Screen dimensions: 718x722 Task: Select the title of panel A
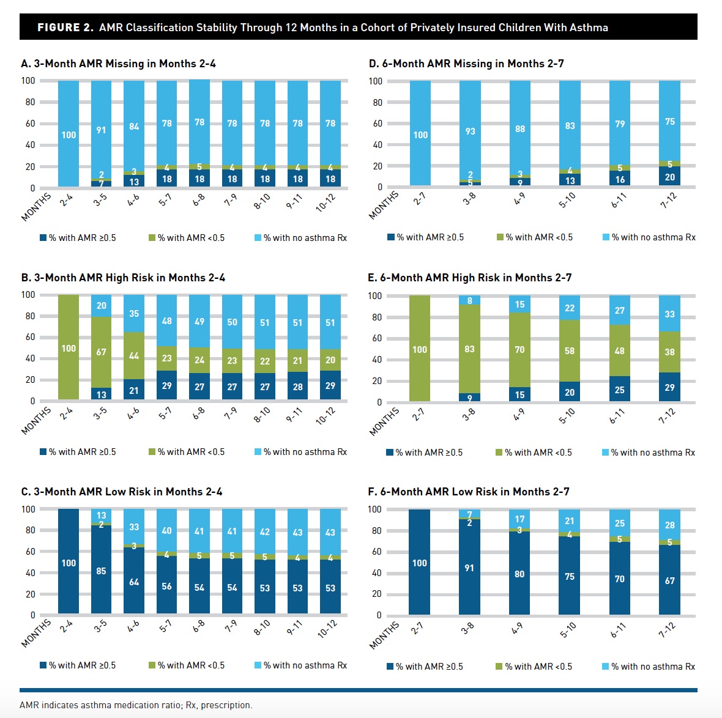(118, 64)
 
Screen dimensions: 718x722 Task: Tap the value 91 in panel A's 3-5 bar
(102, 130)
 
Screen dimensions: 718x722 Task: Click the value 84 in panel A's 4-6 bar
(134, 127)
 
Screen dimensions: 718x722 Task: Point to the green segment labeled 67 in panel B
(102, 352)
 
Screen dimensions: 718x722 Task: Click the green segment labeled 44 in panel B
(134, 356)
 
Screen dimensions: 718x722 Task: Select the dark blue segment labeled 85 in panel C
(102, 571)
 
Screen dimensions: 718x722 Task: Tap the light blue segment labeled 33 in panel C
(134, 527)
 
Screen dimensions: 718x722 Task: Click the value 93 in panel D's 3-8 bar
(470, 131)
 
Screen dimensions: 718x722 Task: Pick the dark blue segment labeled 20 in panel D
(670, 177)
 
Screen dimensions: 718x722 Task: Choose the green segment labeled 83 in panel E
(469, 349)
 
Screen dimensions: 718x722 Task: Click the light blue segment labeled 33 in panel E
(670, 314)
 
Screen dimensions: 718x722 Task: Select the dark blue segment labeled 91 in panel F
(469, 568)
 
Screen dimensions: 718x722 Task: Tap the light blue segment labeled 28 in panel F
(670, 525)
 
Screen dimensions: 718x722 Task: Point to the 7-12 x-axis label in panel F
(666, 630)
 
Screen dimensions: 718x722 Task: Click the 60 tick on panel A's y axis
(30, 124)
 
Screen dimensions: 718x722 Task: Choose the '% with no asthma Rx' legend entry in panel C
(300, 665)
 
